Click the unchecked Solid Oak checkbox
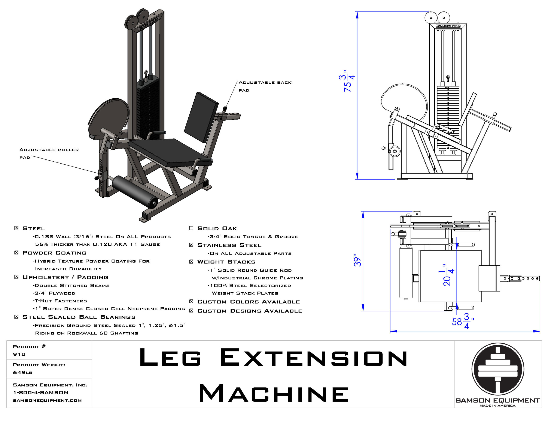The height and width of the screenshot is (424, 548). (x=191, y=228)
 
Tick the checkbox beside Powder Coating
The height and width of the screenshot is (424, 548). (x=16, y=252)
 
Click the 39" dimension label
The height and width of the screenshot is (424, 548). (x=357, y=260)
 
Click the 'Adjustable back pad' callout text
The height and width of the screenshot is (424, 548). (x=265, y=86)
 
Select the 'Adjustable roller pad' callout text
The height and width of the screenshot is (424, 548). (x=49, y=153)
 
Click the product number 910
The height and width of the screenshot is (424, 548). (x=19, y=354)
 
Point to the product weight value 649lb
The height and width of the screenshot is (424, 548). (x=22, y=372)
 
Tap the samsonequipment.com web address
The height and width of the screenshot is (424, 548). (x=47, y=400)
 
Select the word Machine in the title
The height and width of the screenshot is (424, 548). (x=274, y=394)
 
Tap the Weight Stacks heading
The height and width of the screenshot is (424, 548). (x=226, y=262)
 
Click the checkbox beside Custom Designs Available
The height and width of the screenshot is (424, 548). (x=191, y=311)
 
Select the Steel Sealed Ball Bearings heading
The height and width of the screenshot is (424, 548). (x=79, y=317)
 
